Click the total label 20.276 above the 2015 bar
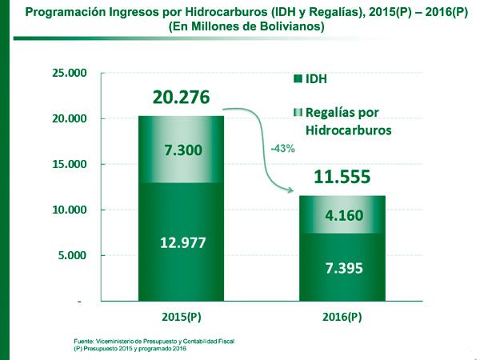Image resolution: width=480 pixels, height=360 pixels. (x=182, y=98)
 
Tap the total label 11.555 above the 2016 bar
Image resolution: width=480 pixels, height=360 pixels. (x=342, y=178)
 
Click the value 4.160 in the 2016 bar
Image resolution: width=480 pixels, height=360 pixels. (x=342, y=215)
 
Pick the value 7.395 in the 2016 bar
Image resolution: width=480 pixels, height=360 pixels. (x=342, y=267)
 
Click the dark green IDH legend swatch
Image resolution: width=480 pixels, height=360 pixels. (x=298, y=79)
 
